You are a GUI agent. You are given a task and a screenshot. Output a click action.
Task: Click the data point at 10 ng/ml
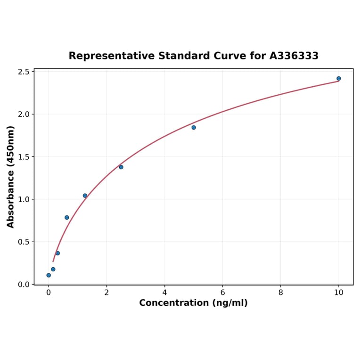339,79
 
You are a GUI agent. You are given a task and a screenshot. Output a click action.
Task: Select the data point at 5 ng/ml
194,128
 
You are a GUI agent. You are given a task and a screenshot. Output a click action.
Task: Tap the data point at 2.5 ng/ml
121,167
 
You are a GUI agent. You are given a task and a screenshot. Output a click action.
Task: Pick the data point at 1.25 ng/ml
85,196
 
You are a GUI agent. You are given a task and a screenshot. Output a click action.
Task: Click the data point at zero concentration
49,275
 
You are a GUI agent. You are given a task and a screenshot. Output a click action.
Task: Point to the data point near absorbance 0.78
67,218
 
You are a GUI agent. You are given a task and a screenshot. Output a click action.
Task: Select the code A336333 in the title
294,56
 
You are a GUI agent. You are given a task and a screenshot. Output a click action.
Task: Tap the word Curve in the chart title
231,56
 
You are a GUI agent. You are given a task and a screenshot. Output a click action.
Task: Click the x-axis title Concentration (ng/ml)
193,303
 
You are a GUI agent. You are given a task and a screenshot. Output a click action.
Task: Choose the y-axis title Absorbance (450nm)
11,177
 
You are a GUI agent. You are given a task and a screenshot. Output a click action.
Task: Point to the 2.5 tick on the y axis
24,72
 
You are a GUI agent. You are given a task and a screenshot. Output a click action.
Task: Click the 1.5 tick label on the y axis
24,157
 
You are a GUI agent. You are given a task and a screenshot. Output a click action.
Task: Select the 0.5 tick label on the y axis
24,242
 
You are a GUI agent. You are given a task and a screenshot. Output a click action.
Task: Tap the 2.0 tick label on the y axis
24,114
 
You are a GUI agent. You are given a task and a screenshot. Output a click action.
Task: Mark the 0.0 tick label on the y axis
24,285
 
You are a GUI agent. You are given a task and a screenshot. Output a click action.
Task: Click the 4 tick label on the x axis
164,293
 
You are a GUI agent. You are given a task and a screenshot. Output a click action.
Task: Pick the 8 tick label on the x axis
281,293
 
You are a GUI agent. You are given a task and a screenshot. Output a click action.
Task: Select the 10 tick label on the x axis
339,293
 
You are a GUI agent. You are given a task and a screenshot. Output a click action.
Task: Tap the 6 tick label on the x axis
222,293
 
